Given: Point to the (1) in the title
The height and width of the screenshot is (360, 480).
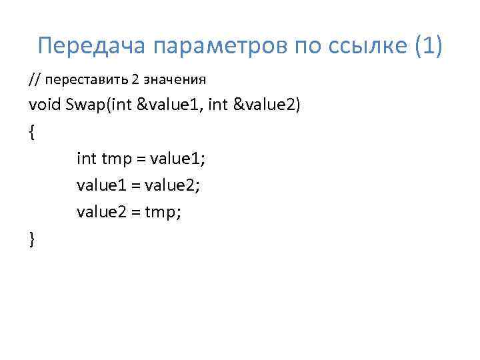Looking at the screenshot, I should click(424, 46).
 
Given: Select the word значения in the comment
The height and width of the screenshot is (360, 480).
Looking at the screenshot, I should click(174, 80).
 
